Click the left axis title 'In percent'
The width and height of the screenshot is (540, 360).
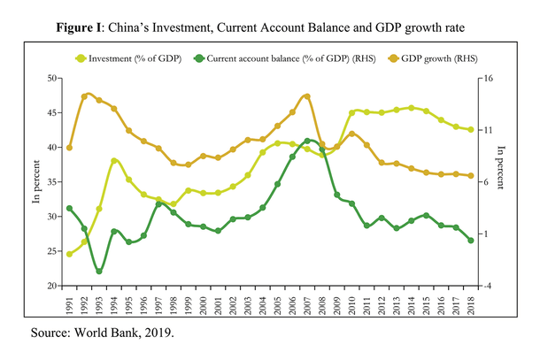36,182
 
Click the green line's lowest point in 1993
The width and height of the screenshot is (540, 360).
99,271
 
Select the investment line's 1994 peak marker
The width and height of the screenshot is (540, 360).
114,161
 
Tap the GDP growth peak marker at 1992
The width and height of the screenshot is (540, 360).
84,96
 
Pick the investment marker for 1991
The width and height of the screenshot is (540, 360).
69,254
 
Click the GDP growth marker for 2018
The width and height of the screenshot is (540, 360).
470,176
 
